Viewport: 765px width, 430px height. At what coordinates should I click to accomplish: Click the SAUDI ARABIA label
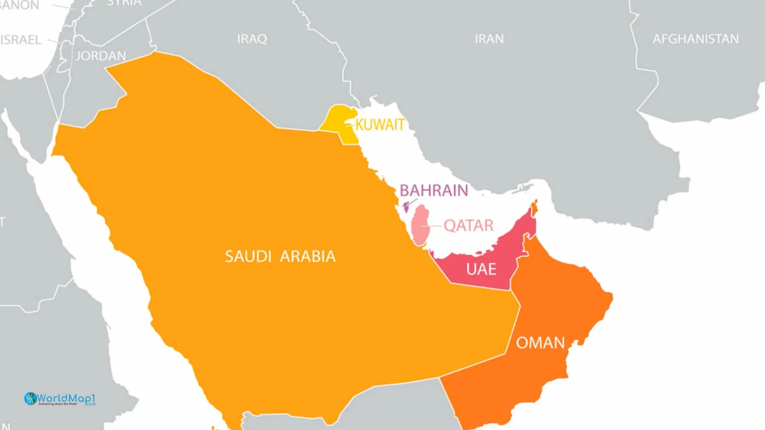[x=280, y=256]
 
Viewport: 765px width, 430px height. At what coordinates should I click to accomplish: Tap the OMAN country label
[x=540, y=343]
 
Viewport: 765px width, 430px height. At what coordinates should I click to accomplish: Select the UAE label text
[x=481, y=269]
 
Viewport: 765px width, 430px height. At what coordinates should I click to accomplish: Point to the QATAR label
[x=469, y=225]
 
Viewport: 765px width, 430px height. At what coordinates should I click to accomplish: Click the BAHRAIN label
[x=434, y=190]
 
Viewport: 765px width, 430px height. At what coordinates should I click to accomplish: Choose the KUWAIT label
[x=380, y=125]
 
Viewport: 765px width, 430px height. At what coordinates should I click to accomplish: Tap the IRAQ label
[x=252, y=39]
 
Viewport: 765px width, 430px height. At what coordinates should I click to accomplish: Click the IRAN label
[x=489, y=39]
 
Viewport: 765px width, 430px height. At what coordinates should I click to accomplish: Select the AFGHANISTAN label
[x=696, y=39]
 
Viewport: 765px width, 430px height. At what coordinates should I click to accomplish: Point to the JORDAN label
[x=101, y=56]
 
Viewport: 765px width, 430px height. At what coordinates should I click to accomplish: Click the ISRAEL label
[x=22, y=40]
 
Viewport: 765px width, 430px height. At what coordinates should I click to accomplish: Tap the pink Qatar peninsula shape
[x=420, y=225]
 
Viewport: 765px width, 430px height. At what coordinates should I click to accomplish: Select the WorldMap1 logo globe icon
[x=30, y=398]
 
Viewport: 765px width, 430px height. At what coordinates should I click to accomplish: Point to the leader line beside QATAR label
[x=434, y=225]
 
